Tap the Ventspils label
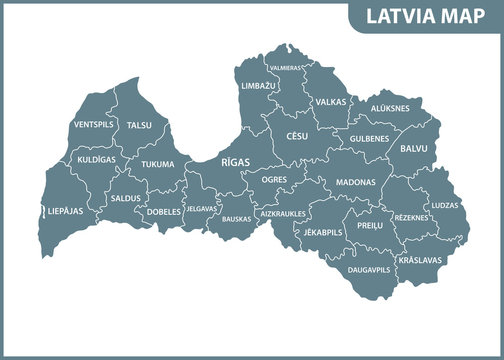(x=92, y=125)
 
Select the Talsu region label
(x=139, y=125)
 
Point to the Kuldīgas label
(x=97, y=159)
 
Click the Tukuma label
(x=157, y=164)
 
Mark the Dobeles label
(x=164, y=212)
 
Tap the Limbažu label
(x=258, y=86)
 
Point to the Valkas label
(x=330, y=102)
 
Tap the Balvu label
(x=413, y=148)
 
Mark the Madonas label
(x=356, y=183)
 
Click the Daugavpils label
(x=369, y=270)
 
